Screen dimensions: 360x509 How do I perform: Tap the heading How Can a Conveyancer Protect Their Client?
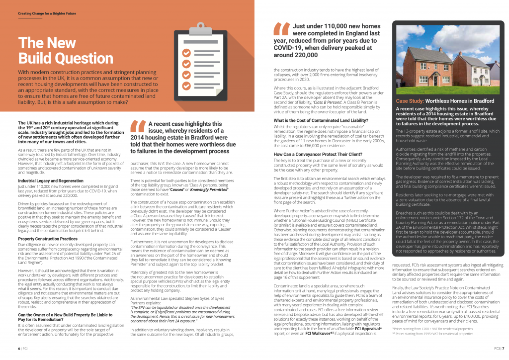pos(316,155)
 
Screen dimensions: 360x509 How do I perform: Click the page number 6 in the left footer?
pos(19,349)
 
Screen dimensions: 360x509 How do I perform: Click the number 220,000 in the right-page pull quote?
pos(305,55)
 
